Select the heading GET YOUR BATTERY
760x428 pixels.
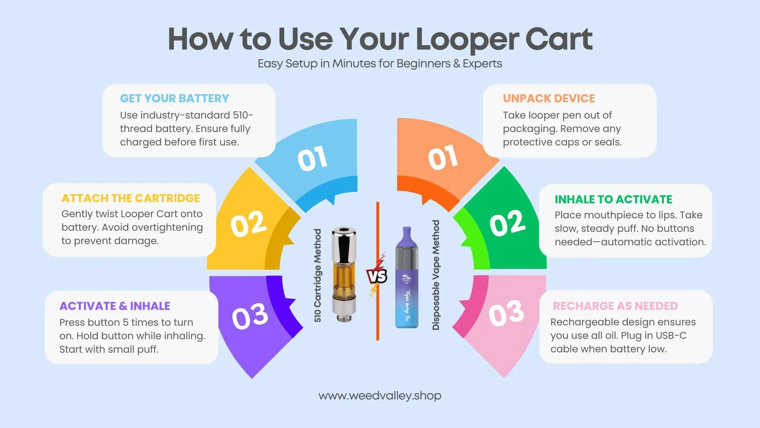(x=175, y=98)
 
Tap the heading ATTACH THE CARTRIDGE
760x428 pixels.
(x=131, y=198)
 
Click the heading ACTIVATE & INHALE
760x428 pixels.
(x=115, y=306)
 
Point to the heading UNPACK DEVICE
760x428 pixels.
(x=549, y=98)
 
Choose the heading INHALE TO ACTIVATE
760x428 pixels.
(x=613, y=199)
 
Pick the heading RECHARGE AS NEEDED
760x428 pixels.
(x=615, y=306)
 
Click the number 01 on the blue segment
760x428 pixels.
(x=312, y=159)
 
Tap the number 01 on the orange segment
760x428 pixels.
(x=443, y=157)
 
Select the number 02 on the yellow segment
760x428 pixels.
(x=249, y=224)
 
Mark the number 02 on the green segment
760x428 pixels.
(x=507, y=223)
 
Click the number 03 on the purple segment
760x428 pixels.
(x=250, y=317)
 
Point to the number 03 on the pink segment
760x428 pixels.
(x=506, y=313)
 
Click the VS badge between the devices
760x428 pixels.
(x=377, y=275)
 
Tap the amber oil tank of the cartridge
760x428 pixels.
(x=343, y=279)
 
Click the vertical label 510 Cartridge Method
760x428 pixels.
(x=317, y=275)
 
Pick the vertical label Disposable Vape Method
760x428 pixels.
(x=436, y=275)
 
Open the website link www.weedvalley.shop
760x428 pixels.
(x=380, y=396)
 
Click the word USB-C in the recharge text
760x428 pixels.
(x=671, y=336)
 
